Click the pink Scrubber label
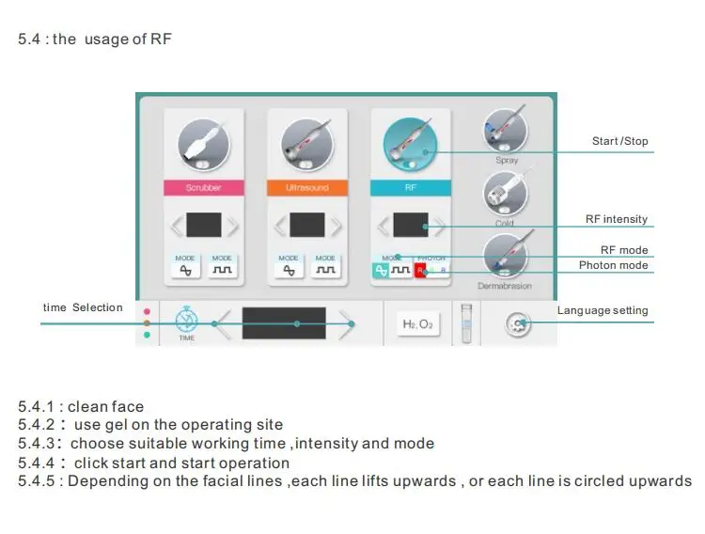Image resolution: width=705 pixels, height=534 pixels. (x=203, y=188)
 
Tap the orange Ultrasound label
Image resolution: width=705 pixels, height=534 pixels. (x=307, y=188)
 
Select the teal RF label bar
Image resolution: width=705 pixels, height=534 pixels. (x=411, y=188)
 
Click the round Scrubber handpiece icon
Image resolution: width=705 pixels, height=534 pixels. (x=204, y=145)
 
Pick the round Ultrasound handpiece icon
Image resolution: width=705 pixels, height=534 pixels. (x=307, y=145)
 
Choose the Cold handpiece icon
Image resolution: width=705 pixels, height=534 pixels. (x=506, y=194)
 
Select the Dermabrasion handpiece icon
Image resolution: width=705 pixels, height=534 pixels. (x=506, y=256)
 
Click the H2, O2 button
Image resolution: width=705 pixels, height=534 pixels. (x=418, y=324)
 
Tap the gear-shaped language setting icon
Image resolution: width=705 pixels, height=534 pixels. (x=517, y=324)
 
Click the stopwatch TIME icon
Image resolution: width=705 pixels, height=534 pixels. (x=187, y=319)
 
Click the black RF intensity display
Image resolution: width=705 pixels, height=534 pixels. (x=411, y=226)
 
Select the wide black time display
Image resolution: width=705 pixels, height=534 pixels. (x=284, y=323)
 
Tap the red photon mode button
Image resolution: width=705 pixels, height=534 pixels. (x=421, y=271)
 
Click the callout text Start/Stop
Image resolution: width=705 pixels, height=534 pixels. (x=619, y=142)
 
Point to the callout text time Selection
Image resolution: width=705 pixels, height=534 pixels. (x=83, y=307)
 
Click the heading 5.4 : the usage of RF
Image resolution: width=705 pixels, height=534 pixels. (x=95, y=39)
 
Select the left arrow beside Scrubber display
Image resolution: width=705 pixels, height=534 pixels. (x=175, y=226)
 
